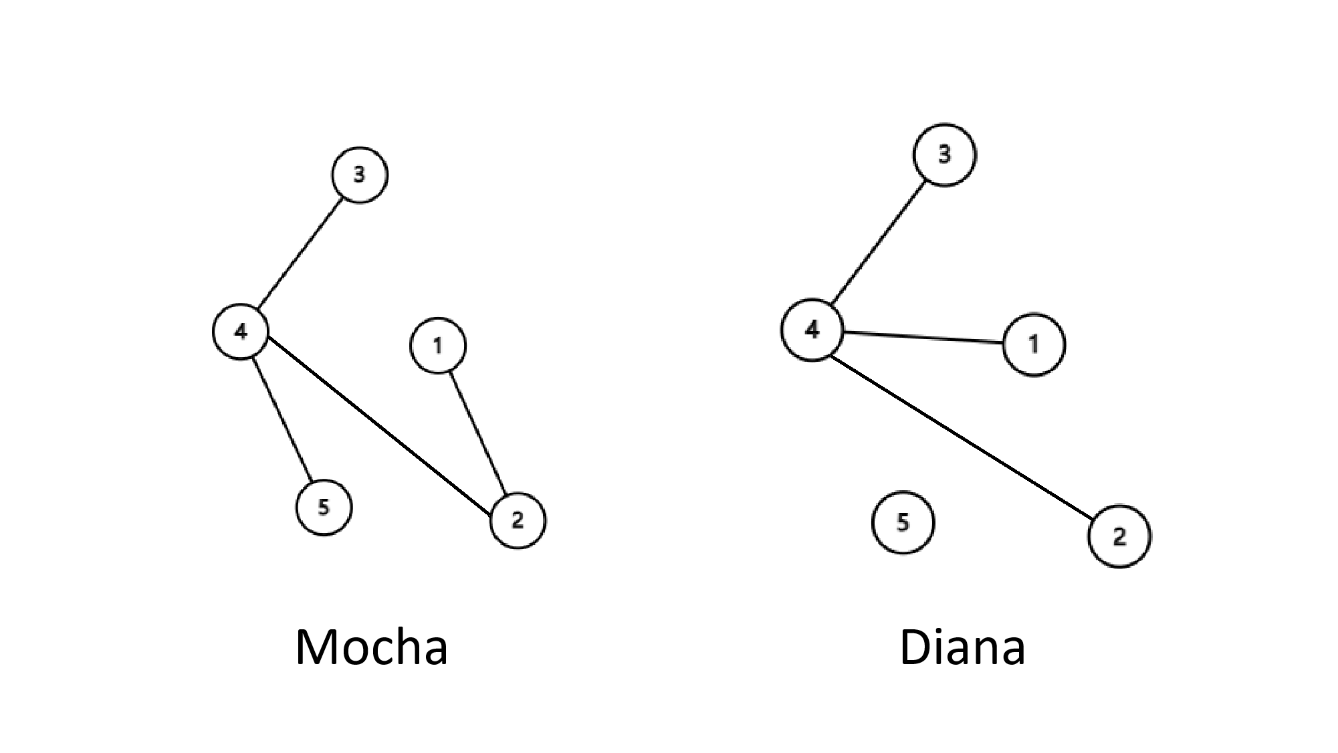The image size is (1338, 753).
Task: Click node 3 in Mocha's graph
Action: (359, 175)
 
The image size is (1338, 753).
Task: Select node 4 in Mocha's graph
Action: (241, 332)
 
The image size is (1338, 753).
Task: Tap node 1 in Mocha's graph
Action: (438, 345)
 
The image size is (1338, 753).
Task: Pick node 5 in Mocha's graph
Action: (324, 508)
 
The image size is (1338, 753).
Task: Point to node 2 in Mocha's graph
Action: (518, 520)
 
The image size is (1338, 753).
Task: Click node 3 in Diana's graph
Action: (944, 154)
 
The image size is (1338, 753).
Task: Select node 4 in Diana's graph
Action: (812, 330)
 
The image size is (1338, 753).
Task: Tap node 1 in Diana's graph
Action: (1034, 344)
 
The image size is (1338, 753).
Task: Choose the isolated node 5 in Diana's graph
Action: (903, 523)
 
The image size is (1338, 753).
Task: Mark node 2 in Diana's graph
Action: (1119, 536)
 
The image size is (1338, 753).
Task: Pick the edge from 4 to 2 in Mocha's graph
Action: (379, 426)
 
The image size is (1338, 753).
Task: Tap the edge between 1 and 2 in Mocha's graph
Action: (477, 433)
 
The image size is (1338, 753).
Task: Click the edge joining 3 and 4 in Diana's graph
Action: (879, 241)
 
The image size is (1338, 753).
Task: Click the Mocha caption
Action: (371, 647)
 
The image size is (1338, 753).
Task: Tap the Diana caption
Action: (962, 647)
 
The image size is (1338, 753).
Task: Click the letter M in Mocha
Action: (316, 647)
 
